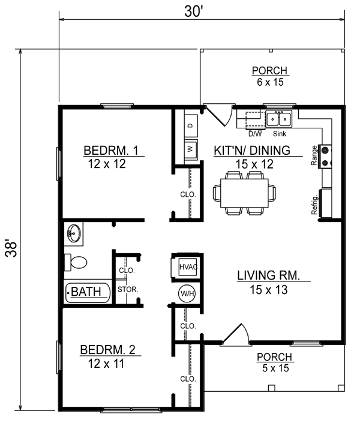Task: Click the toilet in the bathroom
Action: (x=76, y=262)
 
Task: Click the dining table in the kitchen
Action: (x=245, y=192)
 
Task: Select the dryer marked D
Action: (x=190, y=125)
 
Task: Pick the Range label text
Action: (x=314, y=155)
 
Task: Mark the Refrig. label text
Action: (x=314, y=205)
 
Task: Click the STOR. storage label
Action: (x=128, y=289)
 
